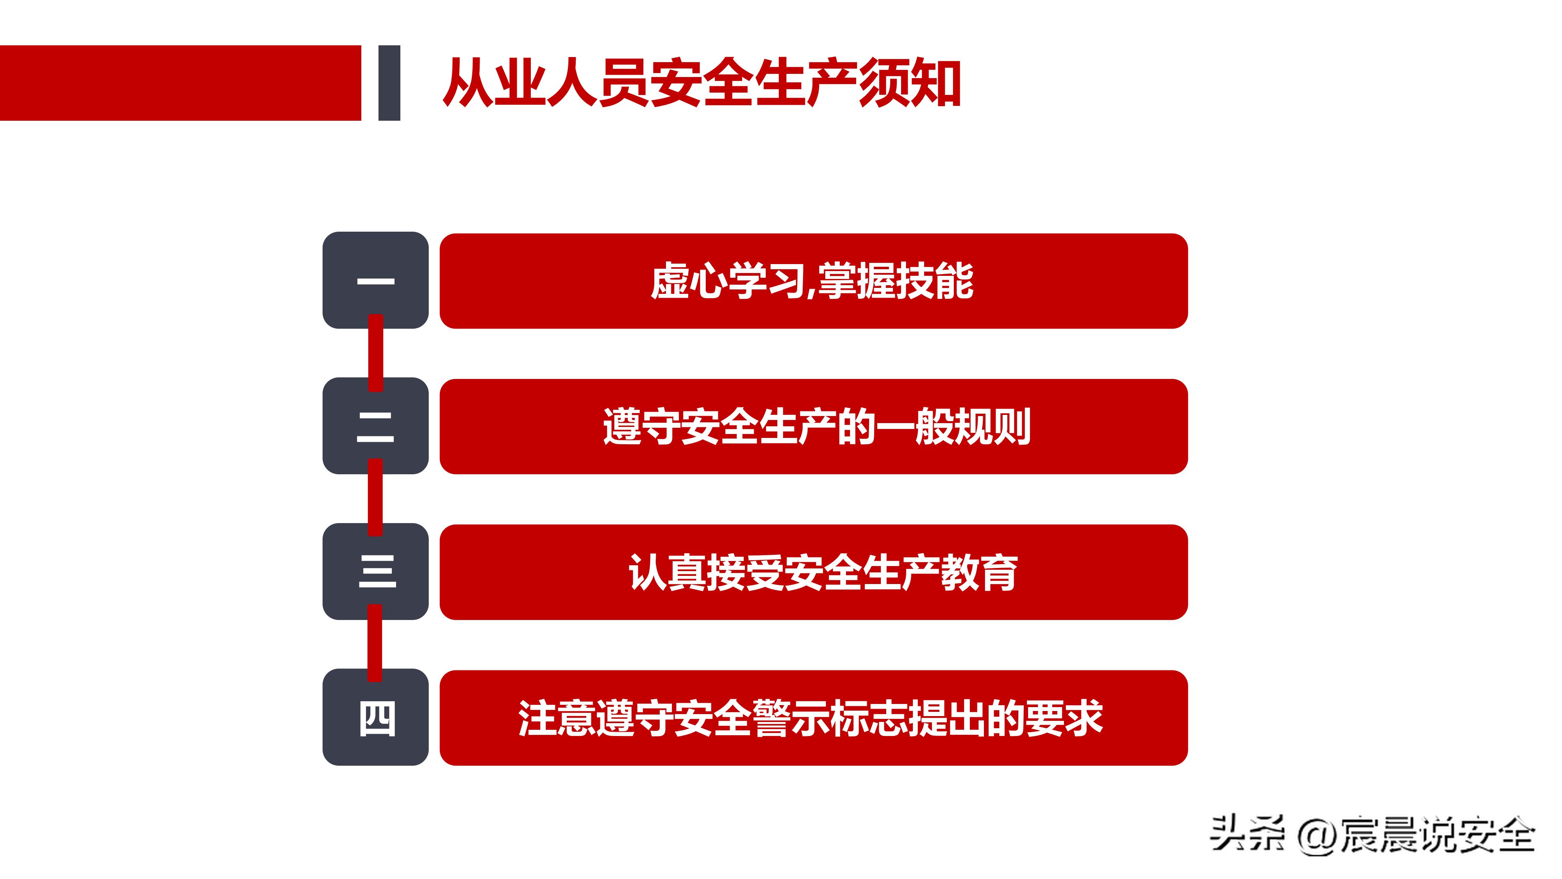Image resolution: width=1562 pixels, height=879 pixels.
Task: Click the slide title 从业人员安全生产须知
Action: pyautogui.click(x=702, y=83)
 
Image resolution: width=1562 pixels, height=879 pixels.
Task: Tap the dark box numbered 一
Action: pyautogui.click(x=375, y=280)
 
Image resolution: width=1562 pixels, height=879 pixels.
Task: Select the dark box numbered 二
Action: pyautogui.click(x=375, y=426)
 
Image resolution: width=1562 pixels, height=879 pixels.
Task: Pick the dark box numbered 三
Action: pyautogui.click(x=375, y=572)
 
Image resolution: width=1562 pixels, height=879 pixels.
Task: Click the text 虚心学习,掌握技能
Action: pyautogui.click(x=812, y=281)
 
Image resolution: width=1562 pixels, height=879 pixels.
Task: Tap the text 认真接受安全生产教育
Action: pyautogui.click(x=823, y=573)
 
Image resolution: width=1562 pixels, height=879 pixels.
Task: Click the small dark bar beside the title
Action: pyautogui.click(x=389, y=83)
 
